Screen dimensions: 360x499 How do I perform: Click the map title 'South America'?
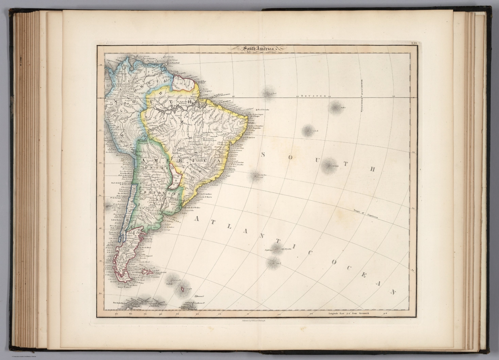click(x=257, y=49)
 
